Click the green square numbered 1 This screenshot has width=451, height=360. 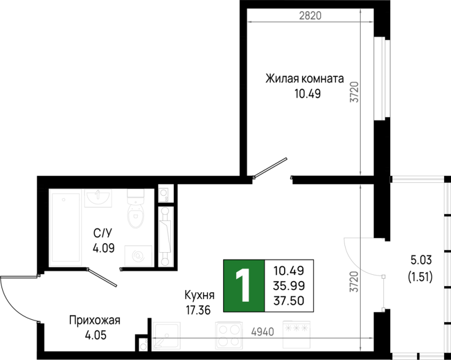tap(244, 286)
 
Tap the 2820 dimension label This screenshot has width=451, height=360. tap(310, 16)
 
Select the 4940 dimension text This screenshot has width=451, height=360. tap(262, 332)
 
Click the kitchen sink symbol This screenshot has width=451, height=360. tap(166, 336)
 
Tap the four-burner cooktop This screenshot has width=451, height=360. tap(229, 336)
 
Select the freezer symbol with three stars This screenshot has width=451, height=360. tap(297, 335)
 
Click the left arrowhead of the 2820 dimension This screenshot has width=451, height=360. tap(250, 22)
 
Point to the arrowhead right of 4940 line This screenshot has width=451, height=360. tap(370, 338)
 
